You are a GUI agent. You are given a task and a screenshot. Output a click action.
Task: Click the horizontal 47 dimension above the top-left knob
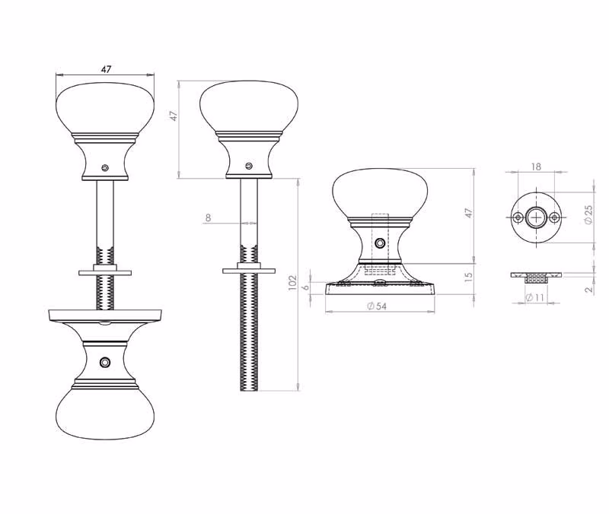pyautogui.click(x=106, y=69)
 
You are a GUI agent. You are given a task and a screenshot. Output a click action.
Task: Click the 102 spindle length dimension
pyautogui.click(x=292, y=283)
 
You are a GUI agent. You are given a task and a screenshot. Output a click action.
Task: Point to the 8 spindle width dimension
pyautogui.click(x=208, y=218)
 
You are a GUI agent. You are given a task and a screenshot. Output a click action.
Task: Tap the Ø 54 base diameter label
pyautogui.click(x=377, y=306)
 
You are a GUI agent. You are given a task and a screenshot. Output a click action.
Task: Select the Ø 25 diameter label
pyautogui.click(x=588, y=214)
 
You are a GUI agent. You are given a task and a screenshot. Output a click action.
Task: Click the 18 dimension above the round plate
pyautogui.click(x=536, y=167)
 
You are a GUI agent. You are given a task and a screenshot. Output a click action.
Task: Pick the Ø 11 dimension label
pyautogui.click(x=535, y=297)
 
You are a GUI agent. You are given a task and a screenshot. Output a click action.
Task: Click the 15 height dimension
pyautogui.click(x=469, y=277)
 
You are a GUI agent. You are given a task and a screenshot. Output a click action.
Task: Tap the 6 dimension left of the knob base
pyautogui.click(x=306, y=287)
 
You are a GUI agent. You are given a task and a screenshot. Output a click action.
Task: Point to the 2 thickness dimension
pyautogui.click(x=589, y=289)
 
